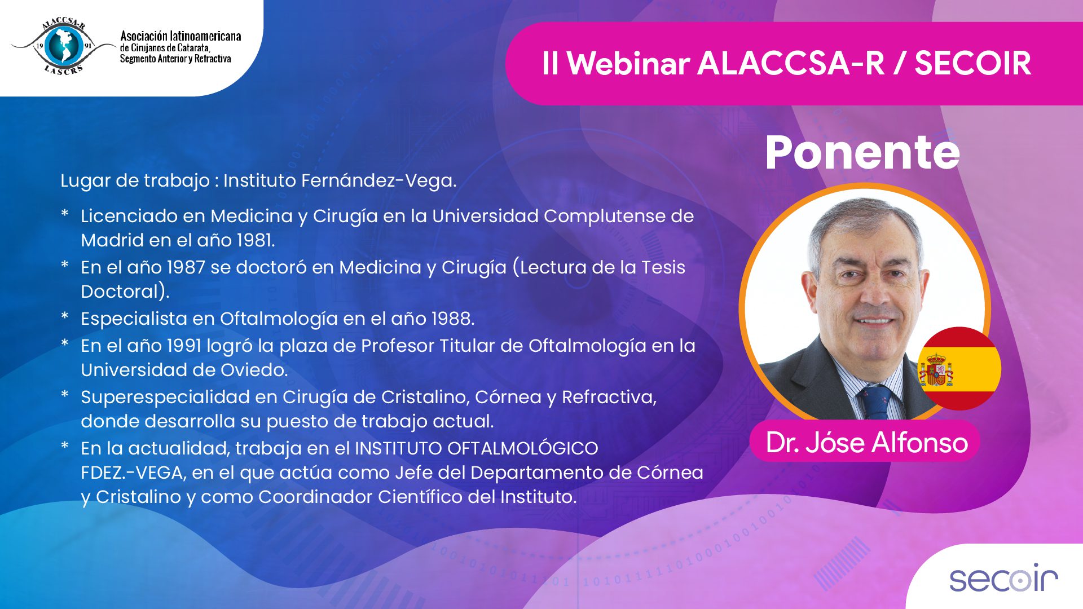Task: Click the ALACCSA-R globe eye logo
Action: (x=63, y=46)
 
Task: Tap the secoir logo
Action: (x=1003, y=578)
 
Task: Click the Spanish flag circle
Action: (x=959, y=368)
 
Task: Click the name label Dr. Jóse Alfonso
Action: (x=867, y=443)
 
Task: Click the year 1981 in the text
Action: (x=256, y=240)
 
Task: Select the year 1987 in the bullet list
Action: (x=186, y=267)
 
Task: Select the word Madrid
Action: (x=112, y=240)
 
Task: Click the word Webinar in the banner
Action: (x=628, y=63)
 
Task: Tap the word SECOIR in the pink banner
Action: (x=973, y=63)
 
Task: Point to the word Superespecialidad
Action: (x=165, y=398)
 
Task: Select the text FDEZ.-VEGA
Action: (x=133, y=473)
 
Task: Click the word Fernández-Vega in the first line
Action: (x=378, y=181)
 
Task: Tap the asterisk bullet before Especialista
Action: (x=65, y=316)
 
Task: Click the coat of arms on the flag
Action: (x=936, y=370)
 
